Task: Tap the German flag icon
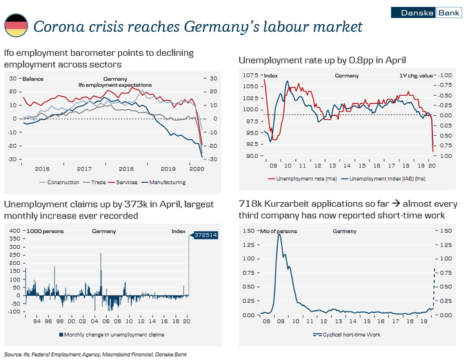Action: click(16, 27)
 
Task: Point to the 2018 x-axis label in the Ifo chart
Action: click(126, 168)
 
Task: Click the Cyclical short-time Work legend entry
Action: click(346, 334)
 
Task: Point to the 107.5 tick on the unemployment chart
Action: click(250, 75)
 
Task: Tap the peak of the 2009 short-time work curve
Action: click(279, 234)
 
